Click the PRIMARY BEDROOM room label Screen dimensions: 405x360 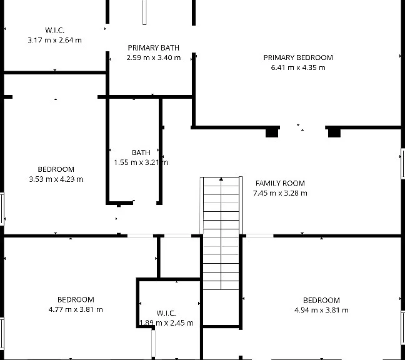(x=298, y=57)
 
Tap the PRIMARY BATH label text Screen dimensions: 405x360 (x=153, y=47)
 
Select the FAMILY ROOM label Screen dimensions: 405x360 (x=280, y=183)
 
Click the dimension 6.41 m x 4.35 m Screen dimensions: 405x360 (x=298, y=67)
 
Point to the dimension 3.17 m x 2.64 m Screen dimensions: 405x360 (x=55, y=40)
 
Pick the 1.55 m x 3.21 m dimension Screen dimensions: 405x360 (x=141, y=162)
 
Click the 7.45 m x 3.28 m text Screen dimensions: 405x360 (x=280, y=193)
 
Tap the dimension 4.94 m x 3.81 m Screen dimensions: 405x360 (x=321, y=310)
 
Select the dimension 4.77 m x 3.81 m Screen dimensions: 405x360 (x=76, y=309)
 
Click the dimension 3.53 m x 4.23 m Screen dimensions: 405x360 (x=56, y=179)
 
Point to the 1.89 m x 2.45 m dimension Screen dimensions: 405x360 (x=166, y=322)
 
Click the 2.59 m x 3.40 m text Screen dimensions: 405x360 (x=153, y=57)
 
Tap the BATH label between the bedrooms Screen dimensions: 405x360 (x=141, y=152)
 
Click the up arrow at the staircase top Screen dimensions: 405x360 (x=221, y=179)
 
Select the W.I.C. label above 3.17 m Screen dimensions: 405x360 (x=55, y=30)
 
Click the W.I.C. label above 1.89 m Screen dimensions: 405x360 (x=166, y=313)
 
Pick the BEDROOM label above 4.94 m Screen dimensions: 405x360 (x=321, y=301)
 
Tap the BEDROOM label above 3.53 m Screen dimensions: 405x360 (x=56, y=169)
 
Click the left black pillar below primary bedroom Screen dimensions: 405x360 (x=272, y=133)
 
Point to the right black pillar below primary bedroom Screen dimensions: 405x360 (x=334, y=133)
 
